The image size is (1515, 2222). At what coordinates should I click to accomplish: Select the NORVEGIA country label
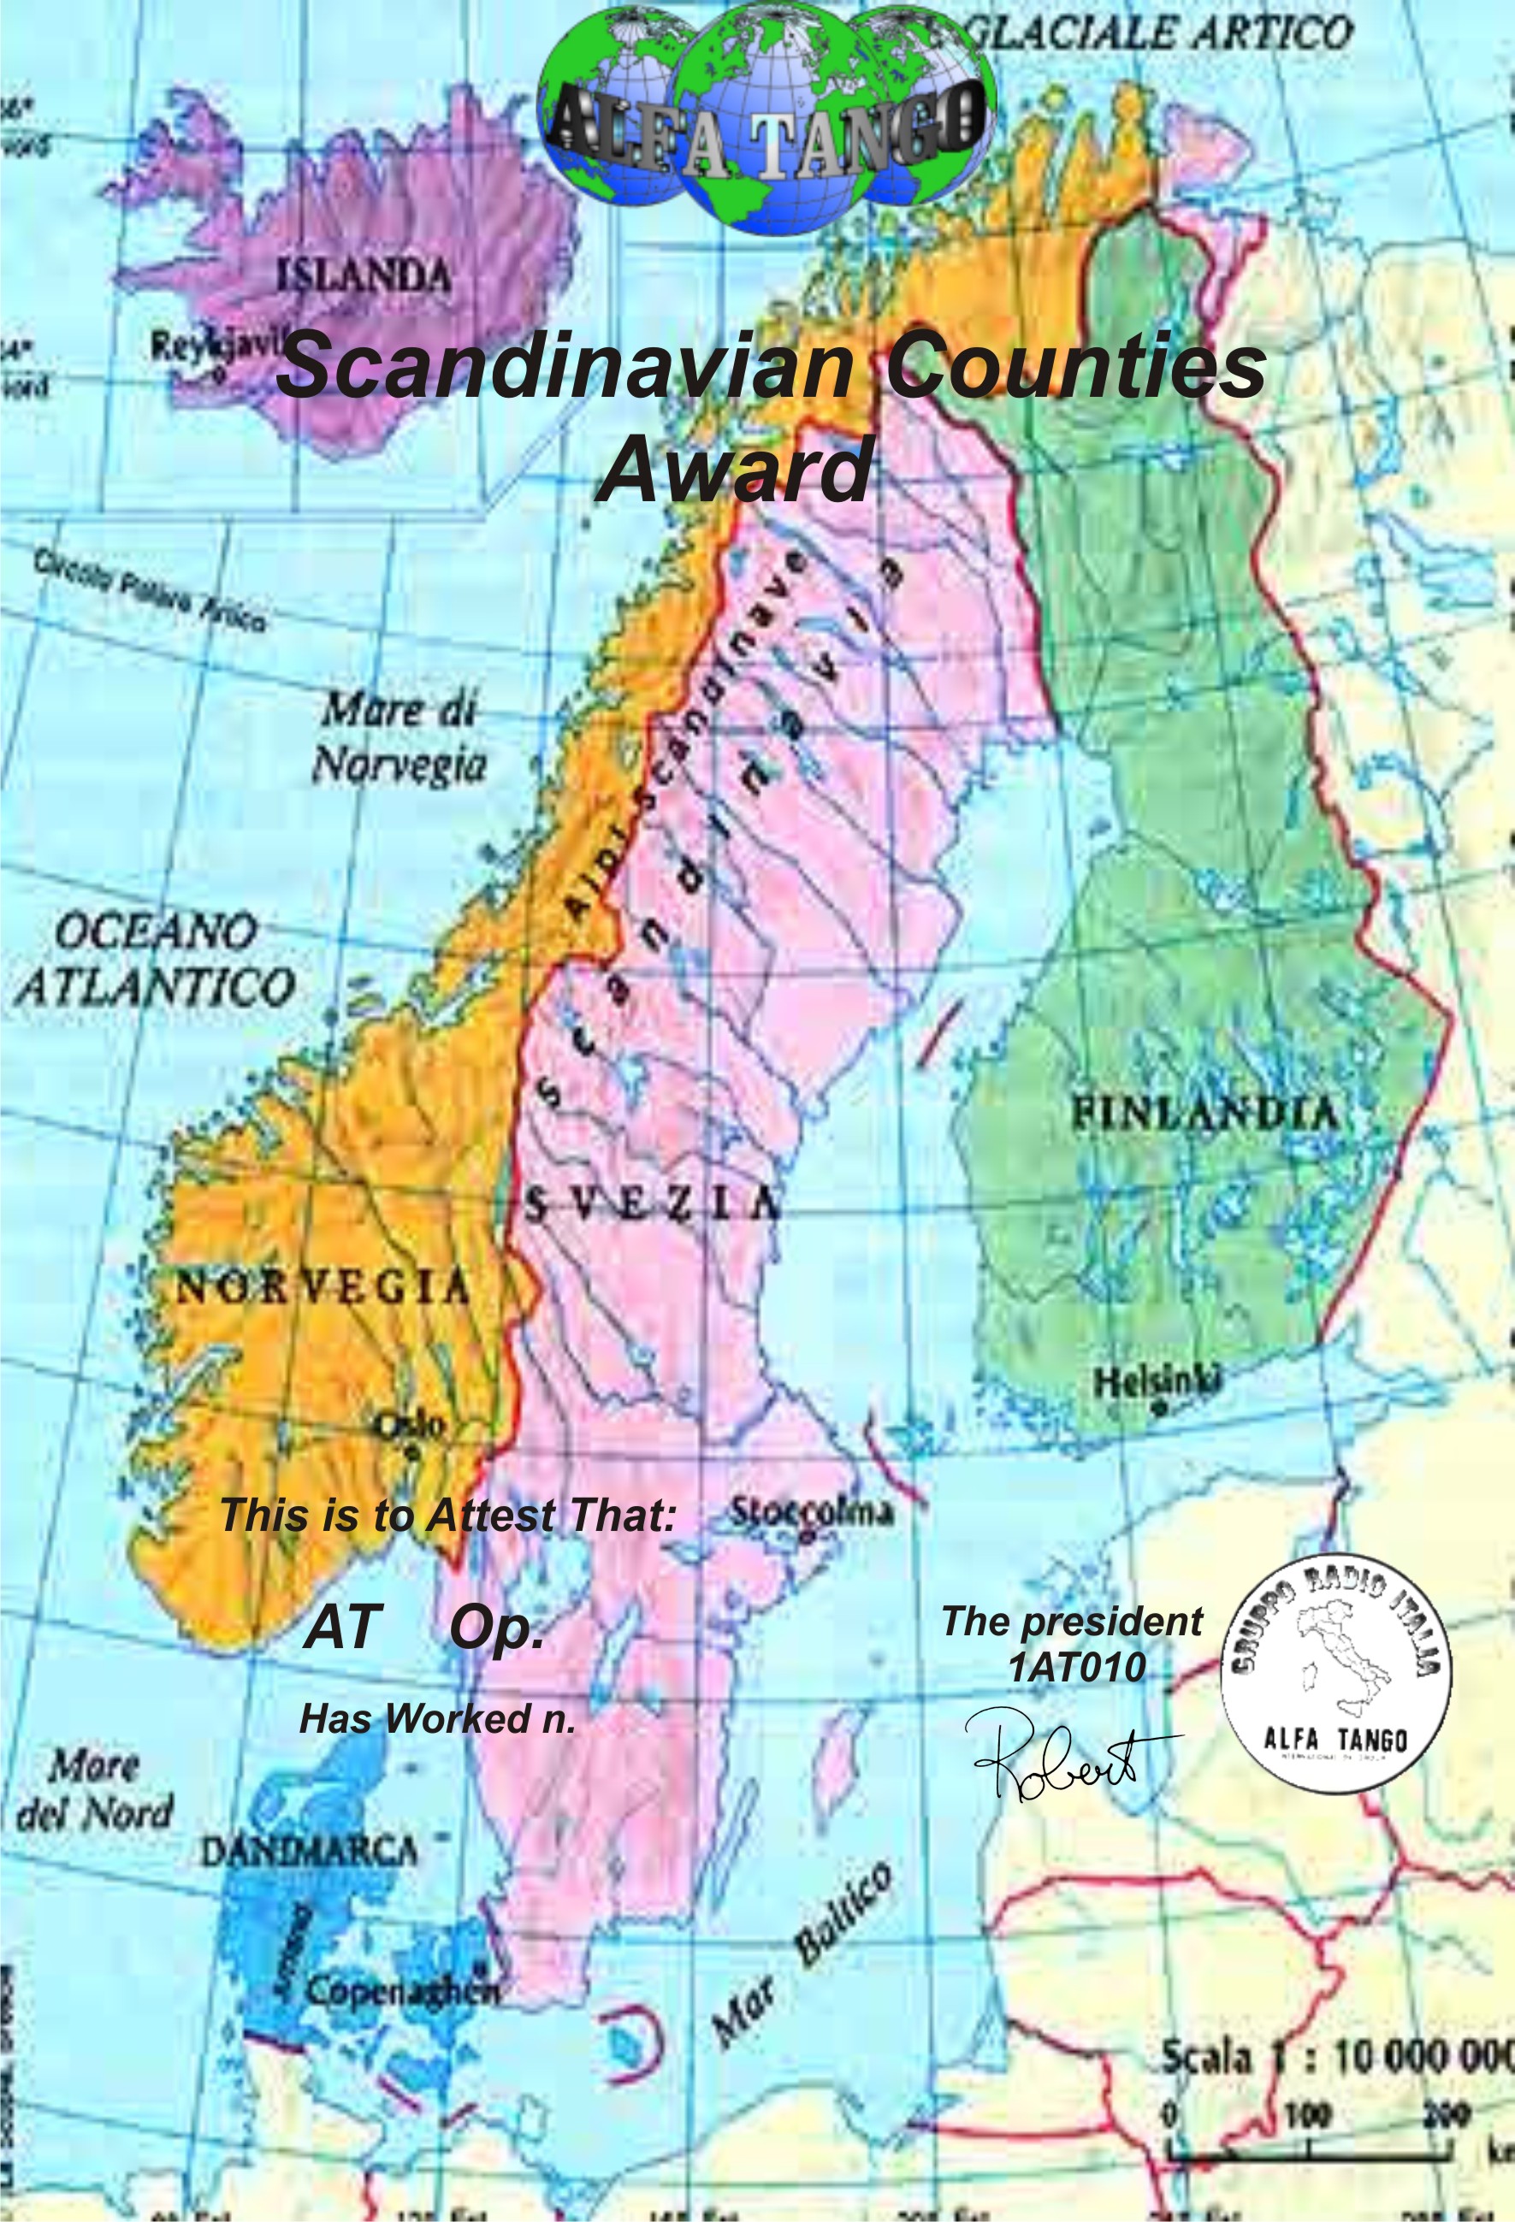click(323, 1290)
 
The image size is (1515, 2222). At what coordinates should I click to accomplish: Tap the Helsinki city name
click(1157, 1380)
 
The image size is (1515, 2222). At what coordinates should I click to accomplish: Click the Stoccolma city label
click(812, 1511)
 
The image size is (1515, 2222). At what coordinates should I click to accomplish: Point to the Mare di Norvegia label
click(399, 737)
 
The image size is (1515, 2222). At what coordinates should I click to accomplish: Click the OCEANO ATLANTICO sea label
click(154, 959)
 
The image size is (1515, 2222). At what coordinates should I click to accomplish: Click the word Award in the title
click(734, 470)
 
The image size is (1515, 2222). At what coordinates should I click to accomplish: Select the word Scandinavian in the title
click(561, 365)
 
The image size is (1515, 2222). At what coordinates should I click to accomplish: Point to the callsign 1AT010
click(1076, 1668)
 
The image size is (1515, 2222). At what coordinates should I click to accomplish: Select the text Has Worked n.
click(437, 1719)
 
